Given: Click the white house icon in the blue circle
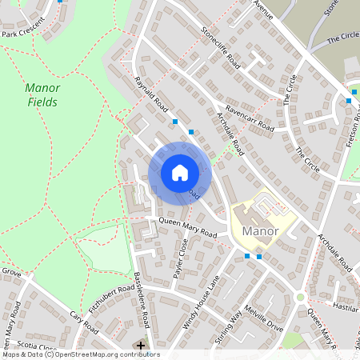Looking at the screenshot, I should [179, 173].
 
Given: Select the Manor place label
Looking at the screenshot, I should [259, 231].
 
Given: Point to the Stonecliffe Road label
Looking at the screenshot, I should [220, 47].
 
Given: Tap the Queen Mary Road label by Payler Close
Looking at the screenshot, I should [188, 228].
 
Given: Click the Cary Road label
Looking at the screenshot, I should [82, 322].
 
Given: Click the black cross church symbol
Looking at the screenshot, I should [142, 346].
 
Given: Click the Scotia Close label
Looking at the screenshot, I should [37, 347].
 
